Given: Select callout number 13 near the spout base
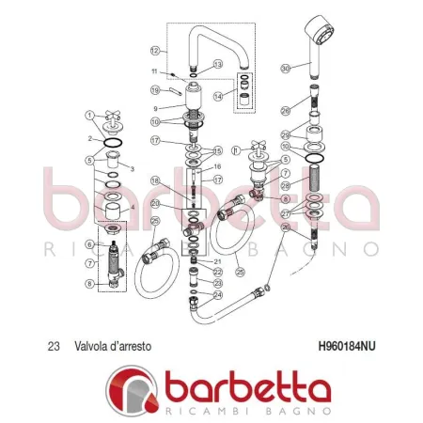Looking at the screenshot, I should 217,65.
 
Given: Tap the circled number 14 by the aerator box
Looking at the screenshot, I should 219,97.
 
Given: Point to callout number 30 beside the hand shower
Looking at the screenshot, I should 286,67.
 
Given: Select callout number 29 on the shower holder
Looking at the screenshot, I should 286,135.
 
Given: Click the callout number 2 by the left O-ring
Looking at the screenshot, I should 91,138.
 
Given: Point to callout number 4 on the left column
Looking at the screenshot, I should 133,207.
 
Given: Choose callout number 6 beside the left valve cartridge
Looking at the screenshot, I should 90,244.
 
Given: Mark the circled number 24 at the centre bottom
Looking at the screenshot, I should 217,294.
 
